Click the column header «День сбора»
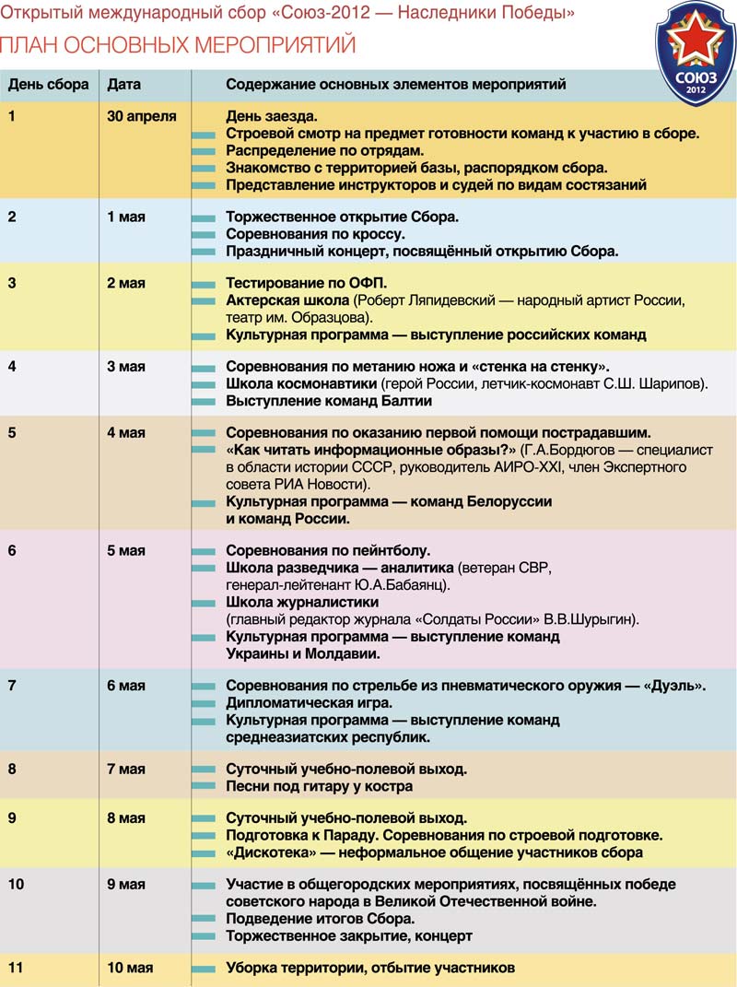(49, 85)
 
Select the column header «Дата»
(124, 85)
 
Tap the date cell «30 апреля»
(142, 117)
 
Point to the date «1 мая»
(126, 217)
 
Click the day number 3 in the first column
(12, 283)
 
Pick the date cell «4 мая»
(126, 433)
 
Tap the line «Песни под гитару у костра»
(319, 786)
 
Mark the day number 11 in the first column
(15, 968)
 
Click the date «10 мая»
(130, 968)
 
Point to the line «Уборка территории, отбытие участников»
(370, 968)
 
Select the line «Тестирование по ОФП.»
(307, 283)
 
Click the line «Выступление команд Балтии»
(329, 401)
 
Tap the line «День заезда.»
(272, 117)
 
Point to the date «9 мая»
(126, 885)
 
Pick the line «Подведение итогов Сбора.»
(320, 919)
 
